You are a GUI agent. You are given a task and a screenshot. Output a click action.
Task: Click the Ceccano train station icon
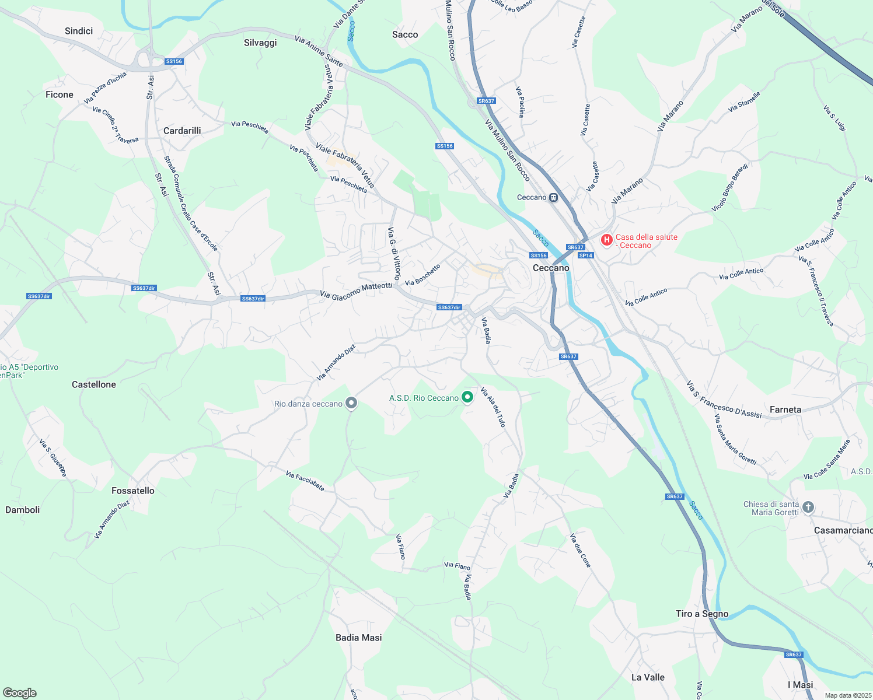[x=553, y=198]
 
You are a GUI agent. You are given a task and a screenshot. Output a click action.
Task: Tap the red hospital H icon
[x=607, y=239]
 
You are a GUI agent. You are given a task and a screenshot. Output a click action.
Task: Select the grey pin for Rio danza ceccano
[x=351, y=403]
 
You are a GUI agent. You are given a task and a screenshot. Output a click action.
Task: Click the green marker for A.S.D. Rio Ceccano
[x=467, y=397]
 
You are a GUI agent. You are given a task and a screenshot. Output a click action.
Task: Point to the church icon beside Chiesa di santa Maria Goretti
[x=808, y=508]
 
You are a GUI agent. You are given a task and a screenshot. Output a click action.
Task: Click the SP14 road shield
[x=585, y=256]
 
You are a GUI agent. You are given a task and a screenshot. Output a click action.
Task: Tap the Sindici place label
[x=79, y=31]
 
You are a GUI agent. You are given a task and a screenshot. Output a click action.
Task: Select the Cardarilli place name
[x=182, y=131]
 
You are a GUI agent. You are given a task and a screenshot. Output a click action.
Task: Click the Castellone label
[x=94, y=384]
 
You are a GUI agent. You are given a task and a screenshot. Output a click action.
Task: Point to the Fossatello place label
[x=133, y=491]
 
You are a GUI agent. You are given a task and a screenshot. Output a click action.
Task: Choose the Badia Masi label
[x=359, y=638]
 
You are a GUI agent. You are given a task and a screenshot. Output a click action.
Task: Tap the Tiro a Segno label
[x=702, y=614]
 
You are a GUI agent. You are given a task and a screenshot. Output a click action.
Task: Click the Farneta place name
[x=785, y=409]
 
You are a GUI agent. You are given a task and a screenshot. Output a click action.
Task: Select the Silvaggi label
[x=260, y=43]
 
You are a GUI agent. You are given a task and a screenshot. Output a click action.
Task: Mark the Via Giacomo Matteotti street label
[x=356, y=291]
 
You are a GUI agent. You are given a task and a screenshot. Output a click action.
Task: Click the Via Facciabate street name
[x=305, y=481]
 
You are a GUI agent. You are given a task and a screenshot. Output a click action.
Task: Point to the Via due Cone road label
[x=581, y=550]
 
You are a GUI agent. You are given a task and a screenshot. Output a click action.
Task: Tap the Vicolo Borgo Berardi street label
[x=729, y=188]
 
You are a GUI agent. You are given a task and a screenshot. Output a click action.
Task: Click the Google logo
[x=20, y=693]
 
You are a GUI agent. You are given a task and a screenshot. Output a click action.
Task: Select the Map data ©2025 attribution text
[x=847, y=695]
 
